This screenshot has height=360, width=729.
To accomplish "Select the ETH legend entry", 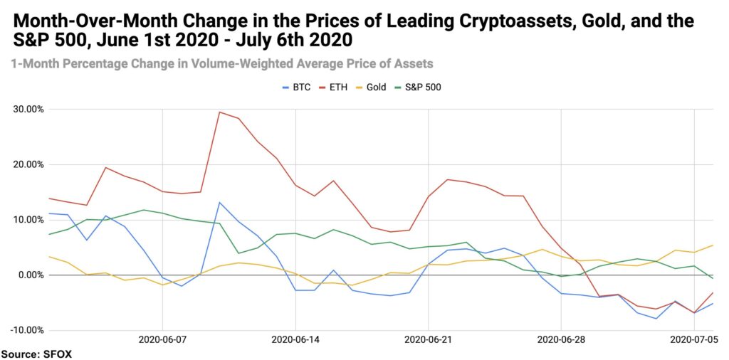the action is [333, 87].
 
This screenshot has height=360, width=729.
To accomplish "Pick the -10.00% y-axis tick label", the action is [27, 330].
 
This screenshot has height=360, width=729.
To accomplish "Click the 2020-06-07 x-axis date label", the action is [162, 340].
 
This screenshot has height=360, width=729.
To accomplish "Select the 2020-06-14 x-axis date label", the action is [295, 340].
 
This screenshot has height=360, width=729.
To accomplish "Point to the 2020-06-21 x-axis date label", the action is [428, 340].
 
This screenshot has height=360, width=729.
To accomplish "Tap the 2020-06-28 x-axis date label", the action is [561, 340].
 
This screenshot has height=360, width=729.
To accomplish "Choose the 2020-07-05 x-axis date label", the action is [694, 340].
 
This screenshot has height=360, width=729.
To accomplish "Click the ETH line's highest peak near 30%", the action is [219, 112].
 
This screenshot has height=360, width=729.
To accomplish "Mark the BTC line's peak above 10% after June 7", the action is [219, 202].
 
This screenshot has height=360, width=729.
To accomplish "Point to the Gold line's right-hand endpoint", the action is [713, 245].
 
